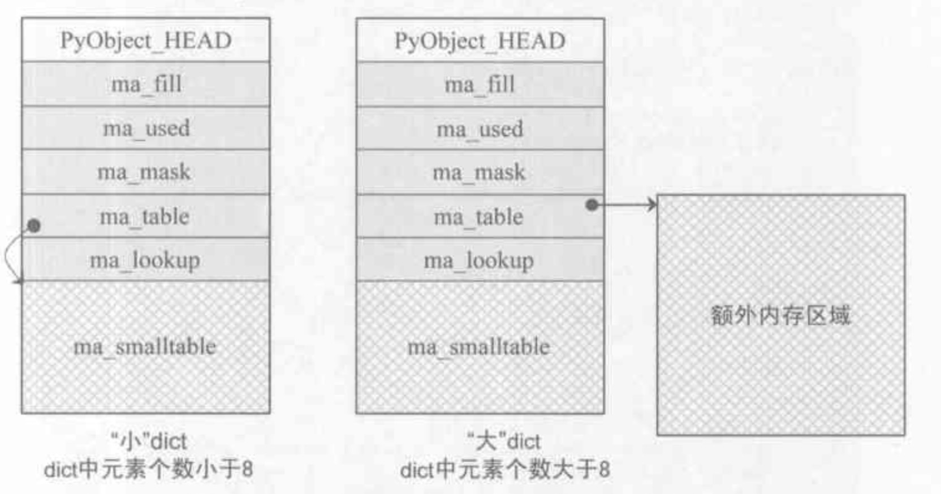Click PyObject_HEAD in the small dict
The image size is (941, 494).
pos(146,41)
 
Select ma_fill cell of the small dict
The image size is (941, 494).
pos(146,85)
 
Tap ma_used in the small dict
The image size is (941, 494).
pos(146,128)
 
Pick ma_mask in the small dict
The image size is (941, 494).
pos(144,172)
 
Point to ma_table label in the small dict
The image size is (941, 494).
pos(145,216)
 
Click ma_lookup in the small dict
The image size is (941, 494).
pos(145,261)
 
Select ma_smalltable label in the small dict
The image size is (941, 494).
pos(145,346)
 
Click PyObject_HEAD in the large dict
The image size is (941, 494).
pos(480,41)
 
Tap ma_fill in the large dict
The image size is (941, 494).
pos(480,85)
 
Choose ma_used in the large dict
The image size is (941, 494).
pos(480,129)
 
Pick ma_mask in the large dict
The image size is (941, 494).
pos(479,172)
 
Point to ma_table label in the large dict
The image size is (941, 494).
pos(478,217)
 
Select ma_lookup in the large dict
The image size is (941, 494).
pos(478,261)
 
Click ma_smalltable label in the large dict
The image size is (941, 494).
pos(478,347)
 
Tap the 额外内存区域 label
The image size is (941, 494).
pos(780,315)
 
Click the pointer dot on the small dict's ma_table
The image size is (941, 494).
pos(34,226)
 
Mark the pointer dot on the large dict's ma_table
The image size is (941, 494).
pos(592,205)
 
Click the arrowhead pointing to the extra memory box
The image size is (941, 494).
pos(652,205)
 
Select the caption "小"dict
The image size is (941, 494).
pos(148,441)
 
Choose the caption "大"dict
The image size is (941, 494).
pos(504,441)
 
